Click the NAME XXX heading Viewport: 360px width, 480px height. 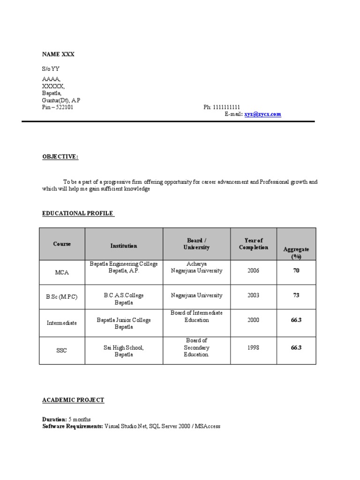(x=58, y=54)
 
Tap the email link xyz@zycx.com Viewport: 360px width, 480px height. (x=262, y=114)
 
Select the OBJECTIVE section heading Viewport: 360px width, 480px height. (x=60, y=157)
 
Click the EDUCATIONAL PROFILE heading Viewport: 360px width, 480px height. (x=78, y=213)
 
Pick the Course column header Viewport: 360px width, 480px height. (x=62, y=244)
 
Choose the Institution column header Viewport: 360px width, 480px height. (x=124, y=246)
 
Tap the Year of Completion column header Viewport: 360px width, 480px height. (x=253, y=244)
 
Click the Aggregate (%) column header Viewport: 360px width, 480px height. (x=296, y=253)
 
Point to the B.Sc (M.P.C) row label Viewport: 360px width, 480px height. (x=61, y=297)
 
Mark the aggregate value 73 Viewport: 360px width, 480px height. (x=296, y=295)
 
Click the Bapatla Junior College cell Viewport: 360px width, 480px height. (x=124, y=323)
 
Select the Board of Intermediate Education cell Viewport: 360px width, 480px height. (x=196, y=316)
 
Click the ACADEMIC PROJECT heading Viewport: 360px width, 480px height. (x=73, y=400)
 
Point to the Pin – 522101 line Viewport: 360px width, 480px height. (x=58, y=107)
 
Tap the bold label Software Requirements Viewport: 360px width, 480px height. (x=72, y=427)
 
